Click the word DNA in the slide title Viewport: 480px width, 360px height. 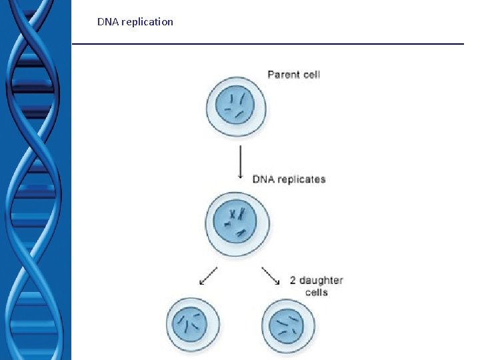click(108, 22)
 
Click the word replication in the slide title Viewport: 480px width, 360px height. click(147, 22)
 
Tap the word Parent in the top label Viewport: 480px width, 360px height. click(283, 74)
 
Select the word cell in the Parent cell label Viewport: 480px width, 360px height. click(311, 74)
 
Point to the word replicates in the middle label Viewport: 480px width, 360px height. click(301, 179)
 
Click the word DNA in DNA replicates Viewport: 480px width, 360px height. click(263, 179)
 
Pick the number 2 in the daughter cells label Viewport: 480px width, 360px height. click(293, 281)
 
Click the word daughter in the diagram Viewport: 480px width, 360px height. click(321, 281)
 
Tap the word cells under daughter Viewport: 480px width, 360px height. click(317, 292)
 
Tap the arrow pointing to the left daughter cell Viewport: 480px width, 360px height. click(209, 275)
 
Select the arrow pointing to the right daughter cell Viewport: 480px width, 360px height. click(270, 275)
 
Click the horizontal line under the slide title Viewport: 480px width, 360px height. click(267, 44)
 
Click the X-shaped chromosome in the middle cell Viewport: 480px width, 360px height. click(233, 215)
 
